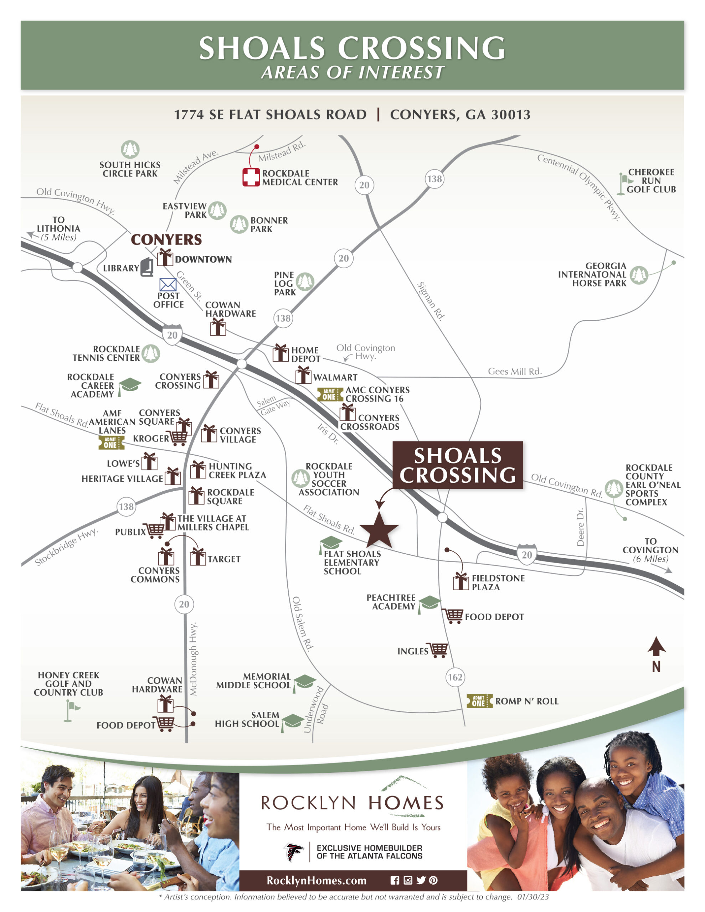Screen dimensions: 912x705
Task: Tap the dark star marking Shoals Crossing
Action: pos(379,530)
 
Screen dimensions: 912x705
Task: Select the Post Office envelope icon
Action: pos(168,285)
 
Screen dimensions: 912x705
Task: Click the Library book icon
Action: pos(147,267)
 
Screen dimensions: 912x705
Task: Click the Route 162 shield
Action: pos(455,677)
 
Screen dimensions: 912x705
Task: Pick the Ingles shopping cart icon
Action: pos(438,650)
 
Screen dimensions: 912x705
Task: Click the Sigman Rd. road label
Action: pos(431,301)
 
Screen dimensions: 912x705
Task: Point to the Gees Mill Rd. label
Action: pos(514,371)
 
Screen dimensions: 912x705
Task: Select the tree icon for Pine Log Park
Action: pos(305,281)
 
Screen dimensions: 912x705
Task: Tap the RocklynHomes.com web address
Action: pos(317,881)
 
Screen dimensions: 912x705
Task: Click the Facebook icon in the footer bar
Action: pos(395,880)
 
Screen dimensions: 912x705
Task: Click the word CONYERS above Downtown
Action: pos(166,240)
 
